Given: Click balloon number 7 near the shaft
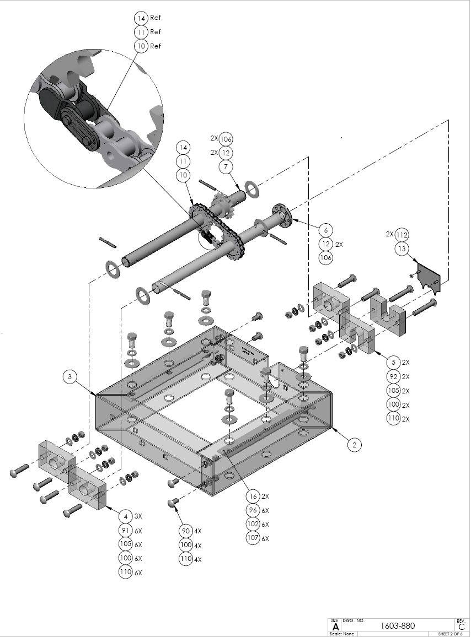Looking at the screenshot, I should tap(226, 166).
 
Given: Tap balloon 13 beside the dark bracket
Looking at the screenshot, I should tap(402, 249).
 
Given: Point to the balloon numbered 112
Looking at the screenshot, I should tap(402, 235).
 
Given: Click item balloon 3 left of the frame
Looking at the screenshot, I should tap(70, 377).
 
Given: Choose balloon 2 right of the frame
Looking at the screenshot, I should tap(355, 444).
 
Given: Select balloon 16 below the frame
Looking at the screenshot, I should tap(253, 496).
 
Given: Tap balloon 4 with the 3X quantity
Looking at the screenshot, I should tap(126, 516).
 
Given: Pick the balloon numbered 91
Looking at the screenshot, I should tap(126, 531).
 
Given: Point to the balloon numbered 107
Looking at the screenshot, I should tap(253, 538).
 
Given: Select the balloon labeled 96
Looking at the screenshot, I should tap(253, 510).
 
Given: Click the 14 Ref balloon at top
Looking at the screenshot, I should tap(141, 18).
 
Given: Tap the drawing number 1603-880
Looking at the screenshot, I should tap(398, 625).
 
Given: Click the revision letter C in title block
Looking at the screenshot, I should tap(461, 626).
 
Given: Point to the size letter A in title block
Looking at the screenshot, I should tap(334, 626).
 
